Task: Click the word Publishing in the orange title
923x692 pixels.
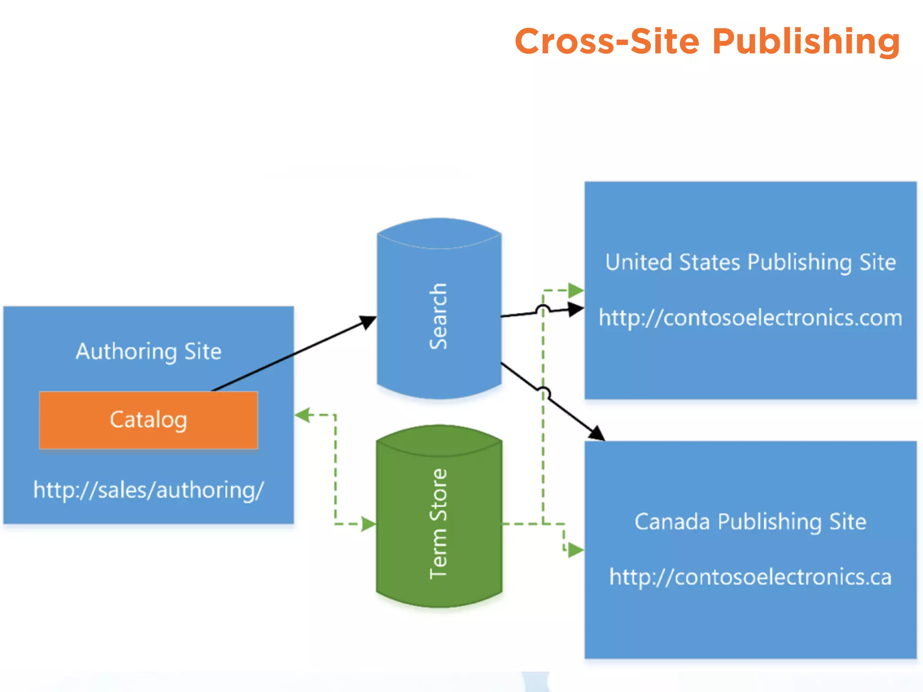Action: point(806,41)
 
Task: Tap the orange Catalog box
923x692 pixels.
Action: point(148,420)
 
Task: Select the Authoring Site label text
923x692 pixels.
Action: point(148,351)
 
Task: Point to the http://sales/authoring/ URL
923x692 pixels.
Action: point(148,490)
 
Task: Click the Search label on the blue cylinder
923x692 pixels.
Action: point(438,316)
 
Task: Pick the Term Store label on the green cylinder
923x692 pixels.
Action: point(438,524)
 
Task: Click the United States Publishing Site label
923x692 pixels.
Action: point(750,262)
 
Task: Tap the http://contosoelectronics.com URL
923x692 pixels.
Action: point(750,318)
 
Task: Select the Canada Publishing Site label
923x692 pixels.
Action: point(750,522)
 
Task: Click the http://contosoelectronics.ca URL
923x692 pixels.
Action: point(750,577)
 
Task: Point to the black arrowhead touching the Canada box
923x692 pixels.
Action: point(597,433)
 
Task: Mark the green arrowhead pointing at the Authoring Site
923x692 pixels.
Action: point(303,415)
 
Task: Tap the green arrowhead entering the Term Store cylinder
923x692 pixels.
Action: point(368,524)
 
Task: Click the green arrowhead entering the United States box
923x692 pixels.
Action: point(576,290)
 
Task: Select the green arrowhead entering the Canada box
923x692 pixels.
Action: point(576,550)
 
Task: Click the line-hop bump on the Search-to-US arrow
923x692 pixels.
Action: point(543,309)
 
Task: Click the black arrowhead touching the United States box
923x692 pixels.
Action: point(576,310)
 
